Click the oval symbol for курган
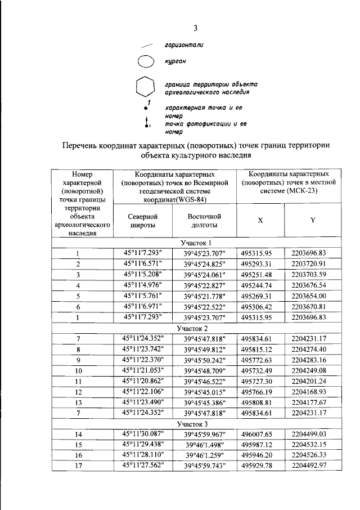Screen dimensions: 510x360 (146, 61)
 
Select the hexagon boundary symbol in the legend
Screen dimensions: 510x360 (146, 87)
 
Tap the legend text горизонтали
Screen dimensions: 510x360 (184, 44)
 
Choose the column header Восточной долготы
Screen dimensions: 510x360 (204, 220)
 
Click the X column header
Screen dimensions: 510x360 (260, 220)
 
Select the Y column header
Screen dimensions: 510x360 (312, 220)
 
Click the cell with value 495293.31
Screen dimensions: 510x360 (260, 263)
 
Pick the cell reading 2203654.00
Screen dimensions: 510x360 (313, 296)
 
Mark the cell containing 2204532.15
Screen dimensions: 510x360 (313, 444)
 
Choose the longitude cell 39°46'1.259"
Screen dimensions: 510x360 (204, 455)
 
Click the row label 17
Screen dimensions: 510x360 (79, 466)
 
